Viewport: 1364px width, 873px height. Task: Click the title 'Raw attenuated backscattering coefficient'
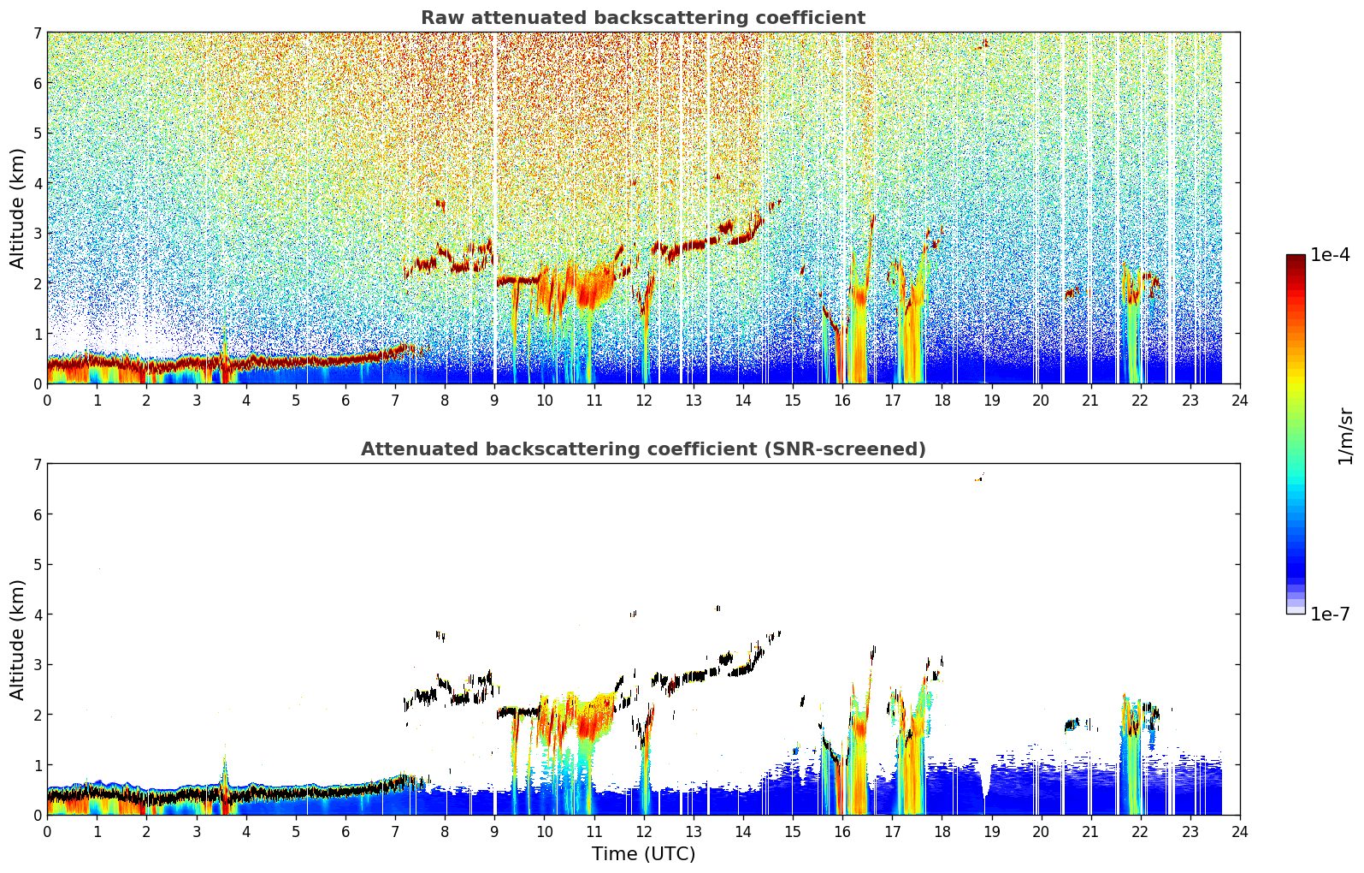(643, 18)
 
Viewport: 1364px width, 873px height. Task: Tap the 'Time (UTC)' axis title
(643, 854)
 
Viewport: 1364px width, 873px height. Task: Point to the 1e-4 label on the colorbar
(1330, 255)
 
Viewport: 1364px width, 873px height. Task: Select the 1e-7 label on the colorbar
(1330, 615)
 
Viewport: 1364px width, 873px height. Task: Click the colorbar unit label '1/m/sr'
(1345, 437)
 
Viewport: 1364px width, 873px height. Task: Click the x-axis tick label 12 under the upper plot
(644, 401)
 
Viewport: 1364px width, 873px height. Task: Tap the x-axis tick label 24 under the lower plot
(1240, 832)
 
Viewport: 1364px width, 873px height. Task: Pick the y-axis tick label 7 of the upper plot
(37, 33)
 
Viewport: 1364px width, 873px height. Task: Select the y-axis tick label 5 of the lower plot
(37, 565)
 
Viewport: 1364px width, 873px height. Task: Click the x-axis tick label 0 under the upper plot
(48, 401)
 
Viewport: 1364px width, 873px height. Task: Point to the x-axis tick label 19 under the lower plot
(991, 832)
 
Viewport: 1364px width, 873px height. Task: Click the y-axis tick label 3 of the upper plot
(37, 234)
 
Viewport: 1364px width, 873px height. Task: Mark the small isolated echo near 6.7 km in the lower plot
(979, 478)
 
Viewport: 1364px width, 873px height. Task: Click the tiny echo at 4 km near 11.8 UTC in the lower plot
(634, 614)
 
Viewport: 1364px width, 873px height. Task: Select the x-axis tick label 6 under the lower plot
(345, 832)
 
